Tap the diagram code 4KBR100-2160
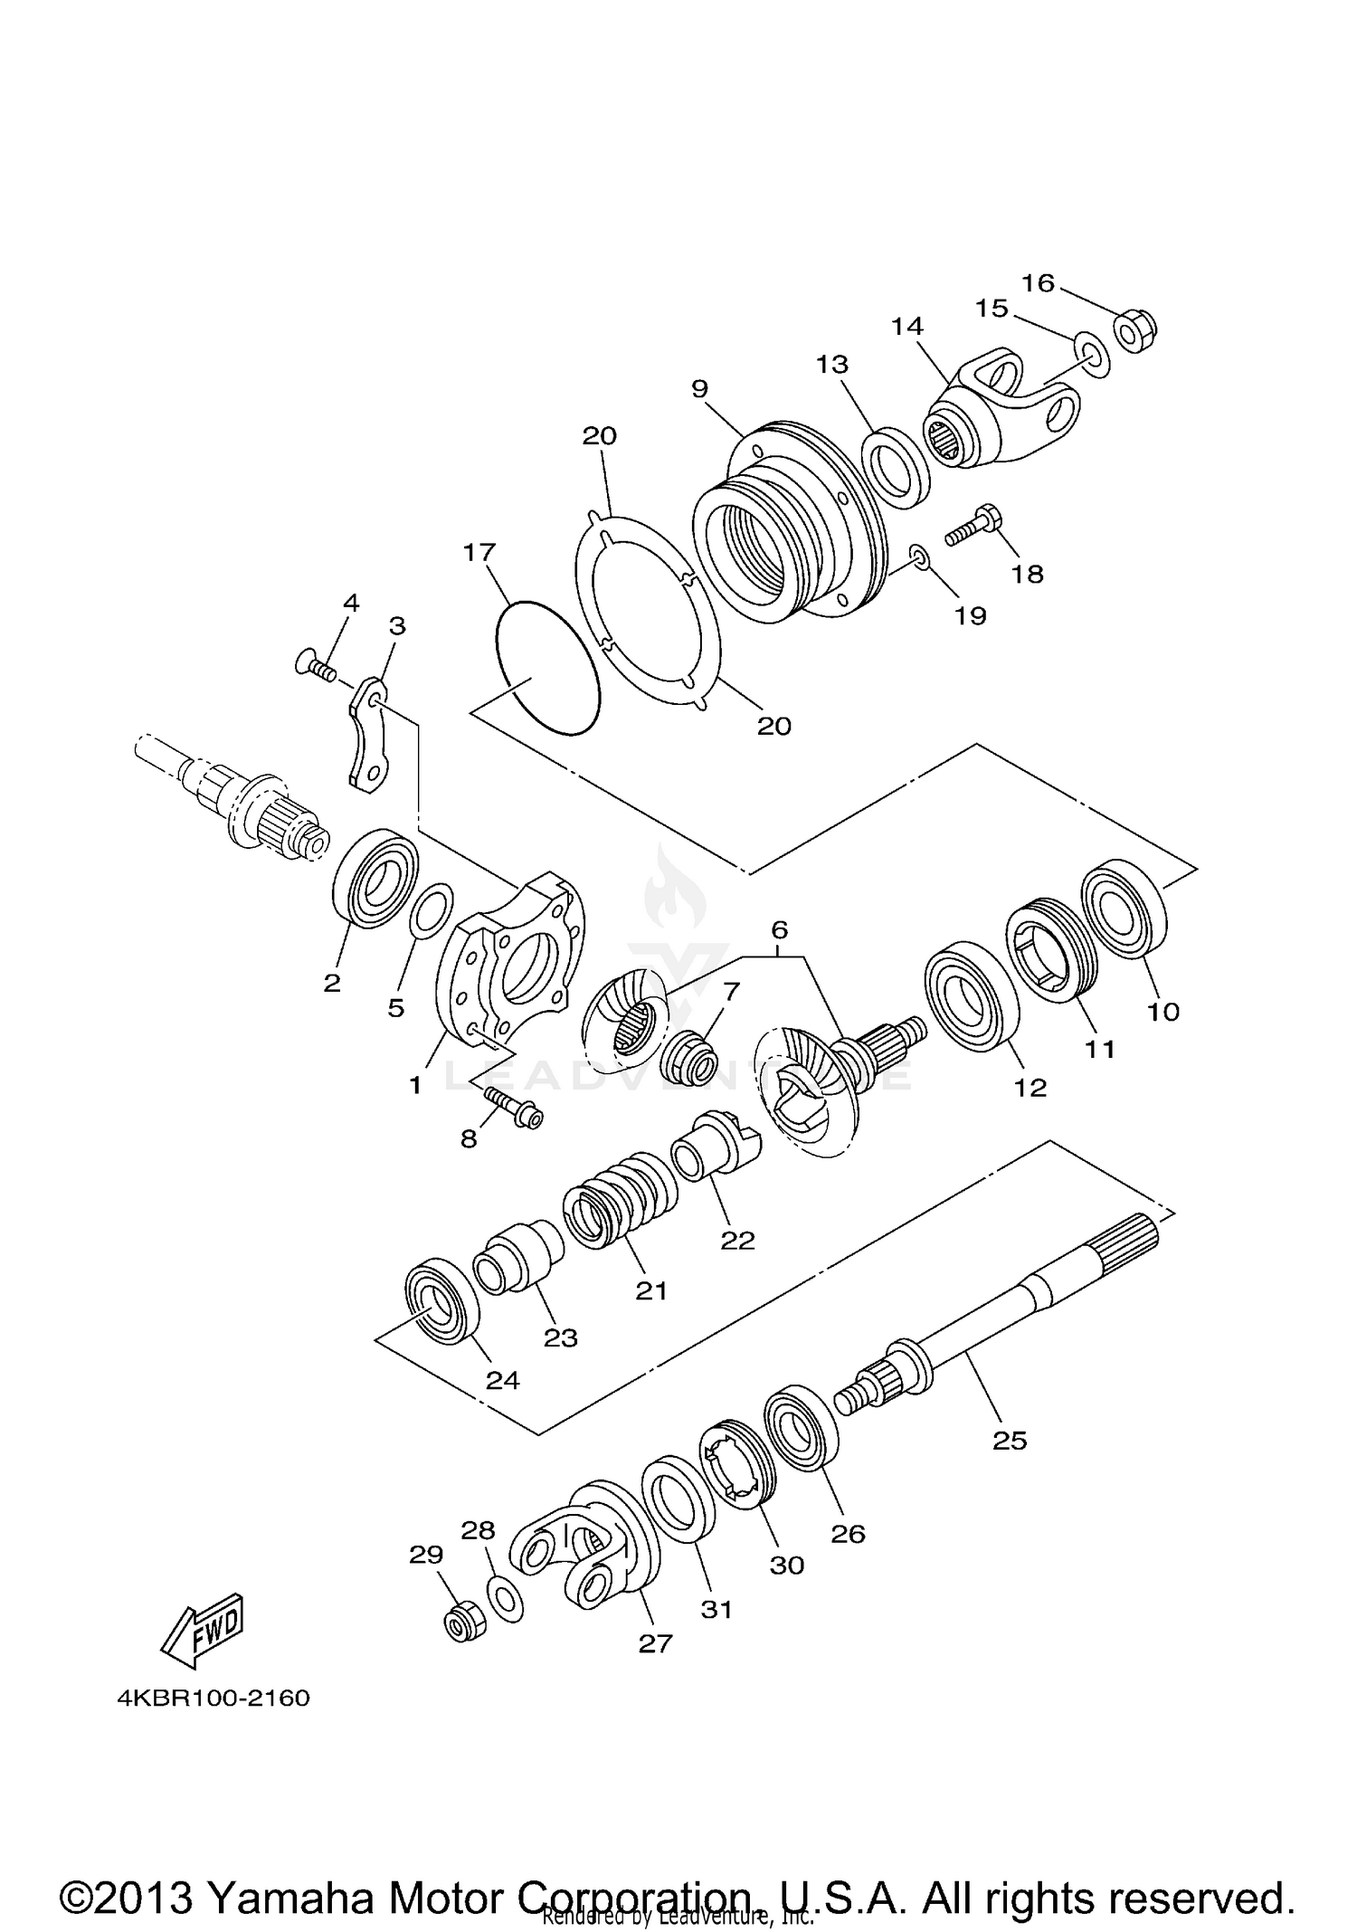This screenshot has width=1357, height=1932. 214,1698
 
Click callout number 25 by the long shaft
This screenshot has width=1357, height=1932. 1010,1440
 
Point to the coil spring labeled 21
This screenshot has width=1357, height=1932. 620,1200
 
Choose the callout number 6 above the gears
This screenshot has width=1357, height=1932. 779,929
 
